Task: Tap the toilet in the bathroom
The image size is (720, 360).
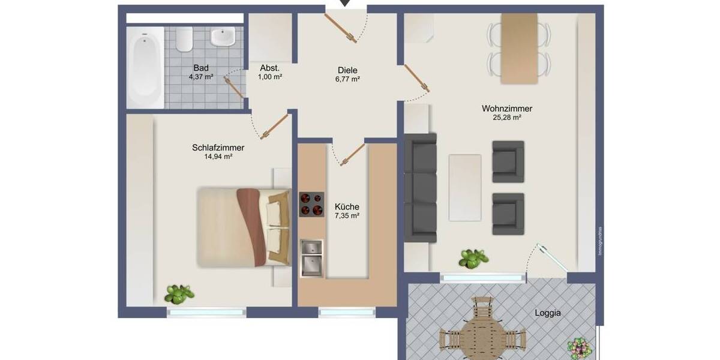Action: pos(184,39)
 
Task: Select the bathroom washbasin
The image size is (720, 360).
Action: pos(223,37)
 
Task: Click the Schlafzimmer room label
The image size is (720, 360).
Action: pos(218,148)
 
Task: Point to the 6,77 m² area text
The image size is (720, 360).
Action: pos(347,79)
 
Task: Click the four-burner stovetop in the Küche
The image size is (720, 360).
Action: pos(311,204)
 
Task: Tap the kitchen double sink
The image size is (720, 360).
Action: pos(311,258)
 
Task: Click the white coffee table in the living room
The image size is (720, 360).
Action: pos(465,187)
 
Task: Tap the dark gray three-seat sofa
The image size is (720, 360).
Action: pos(420,187)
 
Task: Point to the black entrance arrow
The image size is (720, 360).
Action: pos(346,4)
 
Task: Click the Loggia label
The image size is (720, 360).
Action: pos(548,313)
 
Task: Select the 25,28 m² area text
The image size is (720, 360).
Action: pos(507,118)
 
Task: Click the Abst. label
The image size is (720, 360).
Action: pos(270,68)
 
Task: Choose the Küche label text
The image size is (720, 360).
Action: pos(347,207)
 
